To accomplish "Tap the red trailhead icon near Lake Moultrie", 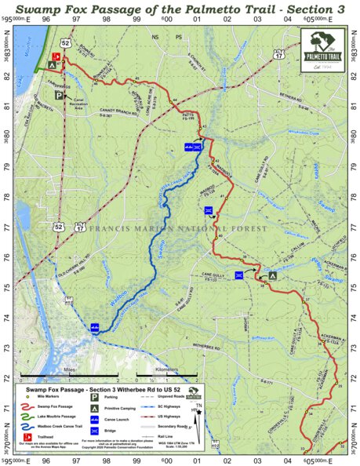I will coord(56,57).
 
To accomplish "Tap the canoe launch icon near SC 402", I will coord(94,328).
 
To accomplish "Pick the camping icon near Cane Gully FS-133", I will coord(272,275).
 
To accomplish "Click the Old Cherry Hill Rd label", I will coord(81,277).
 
